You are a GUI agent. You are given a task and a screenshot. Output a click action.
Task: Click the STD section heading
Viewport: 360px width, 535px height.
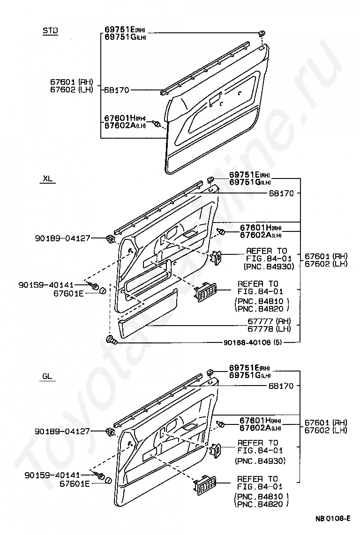click(x=50, y=31)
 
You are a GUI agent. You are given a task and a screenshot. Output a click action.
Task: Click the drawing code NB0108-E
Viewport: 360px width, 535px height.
click(x=332, y=519)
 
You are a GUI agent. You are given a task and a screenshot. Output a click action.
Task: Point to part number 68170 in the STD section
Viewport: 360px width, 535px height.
click(x=117, y=90)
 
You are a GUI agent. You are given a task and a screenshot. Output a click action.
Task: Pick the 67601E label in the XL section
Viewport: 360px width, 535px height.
click(x=68, y=293)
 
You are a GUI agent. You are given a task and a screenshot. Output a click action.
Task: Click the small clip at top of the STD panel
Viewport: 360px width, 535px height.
click(x=261, y=33)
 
